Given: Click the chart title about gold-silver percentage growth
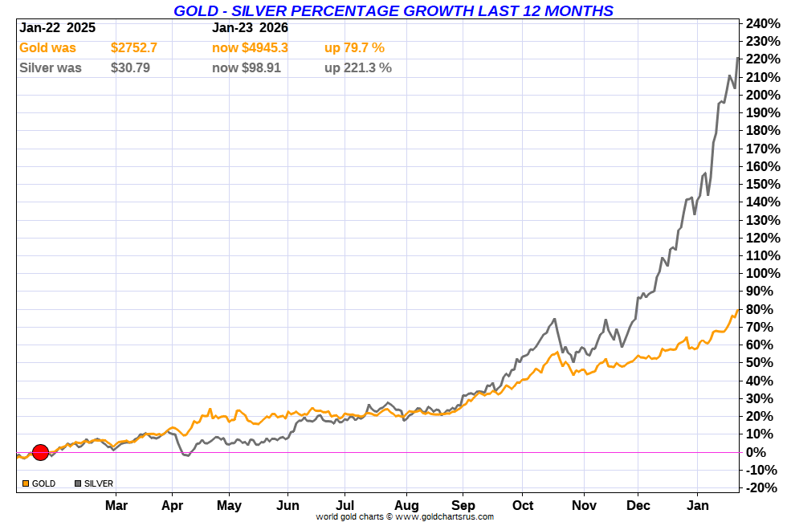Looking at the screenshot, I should (x=393, y=10).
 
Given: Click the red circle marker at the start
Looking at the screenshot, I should (x=40, y=452).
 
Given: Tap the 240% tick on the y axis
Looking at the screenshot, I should (x=762, y=23).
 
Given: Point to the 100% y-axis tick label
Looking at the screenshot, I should (x=762, y=274).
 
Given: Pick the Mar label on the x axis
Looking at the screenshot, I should (x=116, y=505).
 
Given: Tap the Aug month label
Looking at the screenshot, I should (x=407, y=505).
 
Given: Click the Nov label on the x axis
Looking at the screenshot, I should (x=584, y=505).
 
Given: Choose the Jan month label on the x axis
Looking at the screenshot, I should (x=698, y=505).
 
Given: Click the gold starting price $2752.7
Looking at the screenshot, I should (x=134, y=48).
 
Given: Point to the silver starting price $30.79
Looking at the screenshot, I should (x=130, y=68).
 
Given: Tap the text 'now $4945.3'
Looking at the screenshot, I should (x=250, y=48).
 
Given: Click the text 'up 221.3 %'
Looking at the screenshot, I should (x=358, y=68).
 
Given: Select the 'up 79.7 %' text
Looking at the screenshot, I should (x=354, y=48).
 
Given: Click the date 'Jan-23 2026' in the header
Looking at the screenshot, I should (x=250, y=27).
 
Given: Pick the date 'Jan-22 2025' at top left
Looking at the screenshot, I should (x=58, y=27).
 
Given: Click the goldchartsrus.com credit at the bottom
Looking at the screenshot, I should (x=405, y=516).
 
